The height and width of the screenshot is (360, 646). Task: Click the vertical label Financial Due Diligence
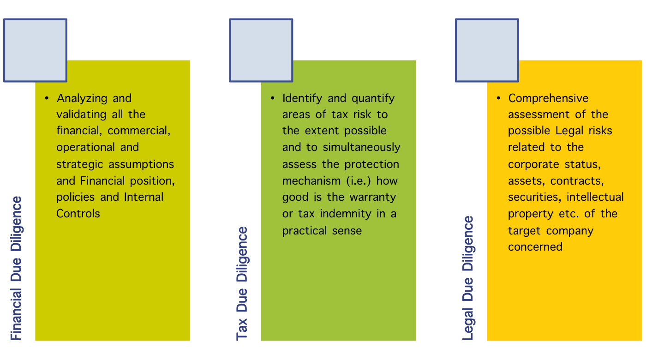pyautogui.click(x=16, y=268)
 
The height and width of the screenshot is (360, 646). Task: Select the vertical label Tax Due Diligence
pyautogui.click(x=242, y=283)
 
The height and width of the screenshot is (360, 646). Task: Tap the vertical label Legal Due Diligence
pyautogui.click(x=468, y=278)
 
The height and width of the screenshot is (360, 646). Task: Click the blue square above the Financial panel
pyautogui.click(x=35, y=50)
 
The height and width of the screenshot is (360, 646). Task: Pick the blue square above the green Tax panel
pyautogui.click(x=261, y=50)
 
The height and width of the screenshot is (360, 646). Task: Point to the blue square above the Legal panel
pyautogui.click(x=487, y=50)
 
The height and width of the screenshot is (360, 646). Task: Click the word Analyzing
pyautogui.click(x=82, y=99)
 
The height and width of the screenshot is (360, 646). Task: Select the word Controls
pyautogui.click(x=78, y=214)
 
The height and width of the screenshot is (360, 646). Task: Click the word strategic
pyautogui.click(x=79, y=165)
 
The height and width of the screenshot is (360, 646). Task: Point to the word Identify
pyautogui.click(x=302, y=99)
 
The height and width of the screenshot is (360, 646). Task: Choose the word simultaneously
pyautogui.click(x=361, y=148)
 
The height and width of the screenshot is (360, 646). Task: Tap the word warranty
pyautogui.click(x=373, y=198)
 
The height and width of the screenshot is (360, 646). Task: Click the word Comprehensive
pyautogui.click(x=548, y=99)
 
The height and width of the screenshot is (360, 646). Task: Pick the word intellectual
pyautogui.click(x=595, y=198)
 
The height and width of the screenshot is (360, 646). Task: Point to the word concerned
pyautogui.click(x=535, y=247)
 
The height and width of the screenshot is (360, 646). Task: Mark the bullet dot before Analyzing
pyautogui.click(x=47, y=98)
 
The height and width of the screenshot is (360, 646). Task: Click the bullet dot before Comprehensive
pyautogui.click(x=498, y=98)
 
